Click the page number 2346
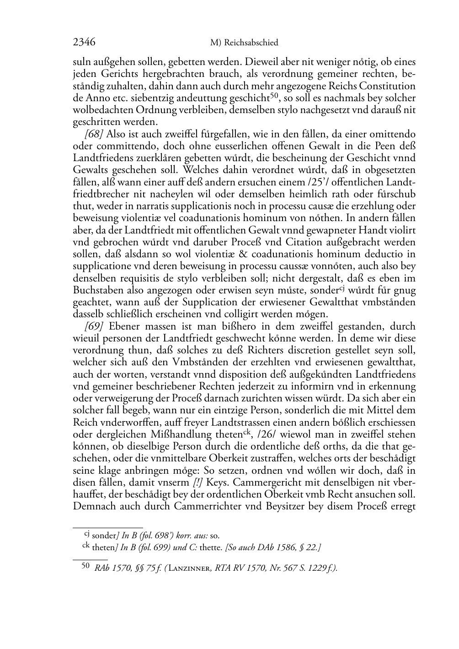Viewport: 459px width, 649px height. pyautogui.click(x=84, y=43)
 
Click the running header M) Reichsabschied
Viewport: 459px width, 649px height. pyautogui.click(x=244, y=43)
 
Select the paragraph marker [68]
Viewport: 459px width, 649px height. pyautogui.click(x=94, y=135)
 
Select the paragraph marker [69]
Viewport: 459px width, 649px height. pyautogui.click(x=94, y=326)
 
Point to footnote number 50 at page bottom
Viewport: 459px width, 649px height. pyautogui.click(x=85, y=566)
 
